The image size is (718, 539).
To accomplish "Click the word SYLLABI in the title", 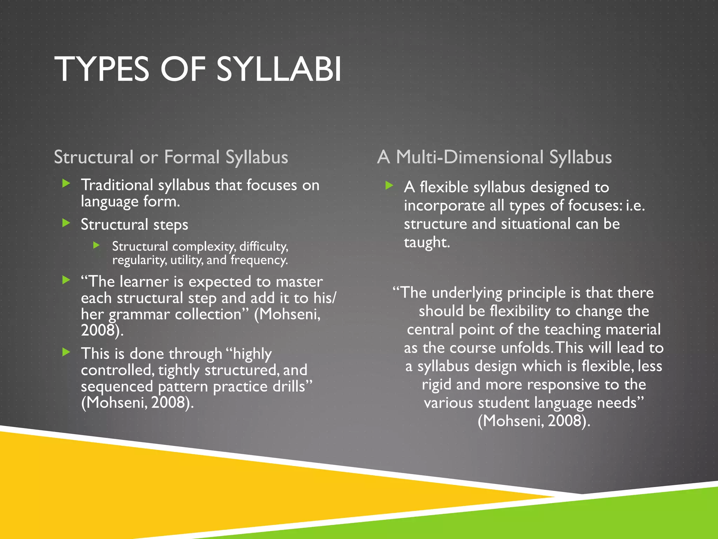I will (278, 69).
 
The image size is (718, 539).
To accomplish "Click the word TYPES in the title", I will (102, 69).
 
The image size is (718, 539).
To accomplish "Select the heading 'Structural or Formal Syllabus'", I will (171, 157).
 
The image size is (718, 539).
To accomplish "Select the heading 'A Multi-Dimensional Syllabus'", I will (494, 157).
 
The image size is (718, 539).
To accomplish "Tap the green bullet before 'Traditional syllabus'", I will (66, 183).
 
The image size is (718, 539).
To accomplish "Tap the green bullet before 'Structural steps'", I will (66, 222).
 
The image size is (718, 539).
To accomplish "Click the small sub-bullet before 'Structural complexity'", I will (97, 245).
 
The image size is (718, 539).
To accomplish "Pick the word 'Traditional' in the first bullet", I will (117, 185).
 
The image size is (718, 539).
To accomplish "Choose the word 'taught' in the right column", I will (426, 242).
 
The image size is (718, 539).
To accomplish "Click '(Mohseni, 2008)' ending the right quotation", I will (534, 421).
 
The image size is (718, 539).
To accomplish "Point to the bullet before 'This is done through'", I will (66, 352).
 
